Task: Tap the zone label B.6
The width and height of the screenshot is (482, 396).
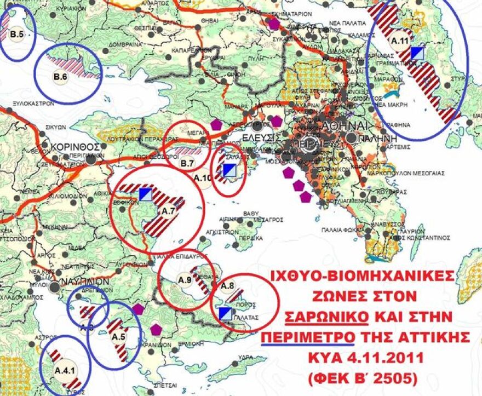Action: tap(60, 77)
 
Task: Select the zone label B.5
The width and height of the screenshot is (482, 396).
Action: tap(16, 35)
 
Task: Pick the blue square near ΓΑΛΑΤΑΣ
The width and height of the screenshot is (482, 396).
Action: tap(225, 313)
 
